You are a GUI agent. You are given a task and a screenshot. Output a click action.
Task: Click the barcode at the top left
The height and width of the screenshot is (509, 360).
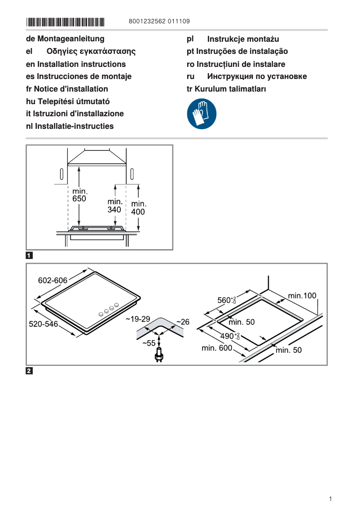tap(65, 22)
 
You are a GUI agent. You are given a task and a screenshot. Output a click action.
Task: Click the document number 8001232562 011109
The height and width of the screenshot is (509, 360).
tap(158, 22)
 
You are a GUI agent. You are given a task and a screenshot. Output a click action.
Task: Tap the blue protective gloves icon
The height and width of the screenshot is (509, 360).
tap(202, 114)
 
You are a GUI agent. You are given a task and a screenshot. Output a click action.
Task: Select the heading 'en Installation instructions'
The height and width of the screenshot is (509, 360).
tap(76, 64)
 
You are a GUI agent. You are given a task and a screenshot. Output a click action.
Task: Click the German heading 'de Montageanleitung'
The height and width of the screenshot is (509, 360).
tap(65, 39)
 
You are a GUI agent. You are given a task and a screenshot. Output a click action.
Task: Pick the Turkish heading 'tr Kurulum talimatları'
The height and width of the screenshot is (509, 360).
tap(226, 89)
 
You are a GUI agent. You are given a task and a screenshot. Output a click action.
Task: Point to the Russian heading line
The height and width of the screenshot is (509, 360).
tap(246, 76)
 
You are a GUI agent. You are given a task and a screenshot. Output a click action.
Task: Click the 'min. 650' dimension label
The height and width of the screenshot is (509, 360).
tap(79, 195)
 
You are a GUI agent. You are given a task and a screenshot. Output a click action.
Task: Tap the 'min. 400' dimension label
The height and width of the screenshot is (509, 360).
tap(138, 208)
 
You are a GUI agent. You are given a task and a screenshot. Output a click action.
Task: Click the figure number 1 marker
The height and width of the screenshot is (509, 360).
tap(29, 256)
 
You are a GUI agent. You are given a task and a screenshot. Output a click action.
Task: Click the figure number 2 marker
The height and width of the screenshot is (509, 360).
tap(29, 371)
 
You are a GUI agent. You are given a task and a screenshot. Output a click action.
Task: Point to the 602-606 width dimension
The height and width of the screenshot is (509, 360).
tap(53, 281)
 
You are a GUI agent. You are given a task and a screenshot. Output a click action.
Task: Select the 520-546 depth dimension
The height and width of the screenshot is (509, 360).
tap(44, 324)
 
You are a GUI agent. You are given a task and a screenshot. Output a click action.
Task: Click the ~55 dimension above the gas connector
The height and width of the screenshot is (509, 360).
tap(149, 343)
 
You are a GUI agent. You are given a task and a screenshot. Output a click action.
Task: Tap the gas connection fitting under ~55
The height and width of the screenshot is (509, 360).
tap(158, 355)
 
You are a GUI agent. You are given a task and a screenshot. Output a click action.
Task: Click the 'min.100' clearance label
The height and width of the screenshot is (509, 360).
tap(302, 295)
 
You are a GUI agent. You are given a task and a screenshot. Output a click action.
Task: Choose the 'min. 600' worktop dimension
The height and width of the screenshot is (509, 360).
tap(217, 348)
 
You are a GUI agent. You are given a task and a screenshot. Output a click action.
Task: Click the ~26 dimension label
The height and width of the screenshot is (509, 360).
tap(183, 322)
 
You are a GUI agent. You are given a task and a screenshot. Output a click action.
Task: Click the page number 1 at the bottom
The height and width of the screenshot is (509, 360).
tap(330, 499)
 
